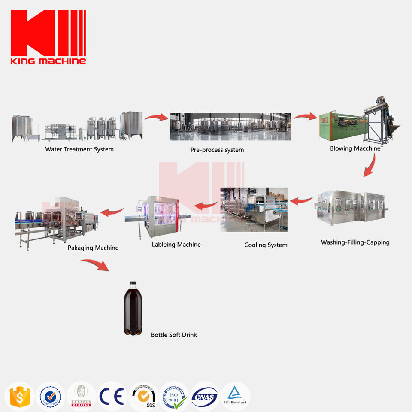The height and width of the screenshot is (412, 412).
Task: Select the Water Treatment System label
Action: click(x=79, y=149)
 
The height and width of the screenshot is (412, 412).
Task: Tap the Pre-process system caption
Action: click(x=217, y=150)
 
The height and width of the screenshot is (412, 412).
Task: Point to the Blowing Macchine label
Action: click(x=355, y=148)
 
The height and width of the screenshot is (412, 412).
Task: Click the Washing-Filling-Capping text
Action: click(x=355, y=242)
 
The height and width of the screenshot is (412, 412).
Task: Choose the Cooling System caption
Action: click(x=266, y=245)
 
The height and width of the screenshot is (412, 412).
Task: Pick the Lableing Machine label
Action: click(x=176, y=245)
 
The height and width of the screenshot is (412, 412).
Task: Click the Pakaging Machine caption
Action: click(x=93, y=248)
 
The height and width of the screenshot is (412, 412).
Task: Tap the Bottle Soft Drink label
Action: click(x=174, y=335)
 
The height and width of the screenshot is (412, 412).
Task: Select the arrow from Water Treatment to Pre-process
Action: click(x=156, y=117)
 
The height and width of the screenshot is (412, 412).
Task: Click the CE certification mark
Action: click(x=111, y=396)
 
